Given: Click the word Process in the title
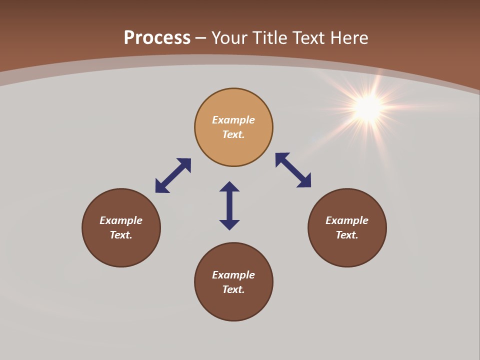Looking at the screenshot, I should [157, 38].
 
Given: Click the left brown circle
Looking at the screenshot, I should [121, 250].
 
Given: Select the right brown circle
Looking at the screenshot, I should [347, 250].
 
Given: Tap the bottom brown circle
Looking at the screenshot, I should [233, 305].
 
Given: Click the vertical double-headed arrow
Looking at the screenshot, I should [229, 205].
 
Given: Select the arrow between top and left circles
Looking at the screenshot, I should [173, 175].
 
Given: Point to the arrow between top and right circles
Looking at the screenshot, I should [293, 170].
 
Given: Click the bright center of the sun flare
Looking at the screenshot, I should [368, 107].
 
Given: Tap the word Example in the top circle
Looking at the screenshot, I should [233, 120].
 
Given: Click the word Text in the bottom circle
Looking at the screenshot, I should [233, 289].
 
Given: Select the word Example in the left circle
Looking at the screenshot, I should [121, 220].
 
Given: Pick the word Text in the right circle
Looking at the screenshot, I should [346, 235].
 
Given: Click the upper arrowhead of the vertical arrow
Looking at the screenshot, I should [229, 186].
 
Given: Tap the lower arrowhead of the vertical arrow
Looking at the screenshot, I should [229, 224].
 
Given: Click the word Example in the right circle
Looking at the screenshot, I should [347, 220].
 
